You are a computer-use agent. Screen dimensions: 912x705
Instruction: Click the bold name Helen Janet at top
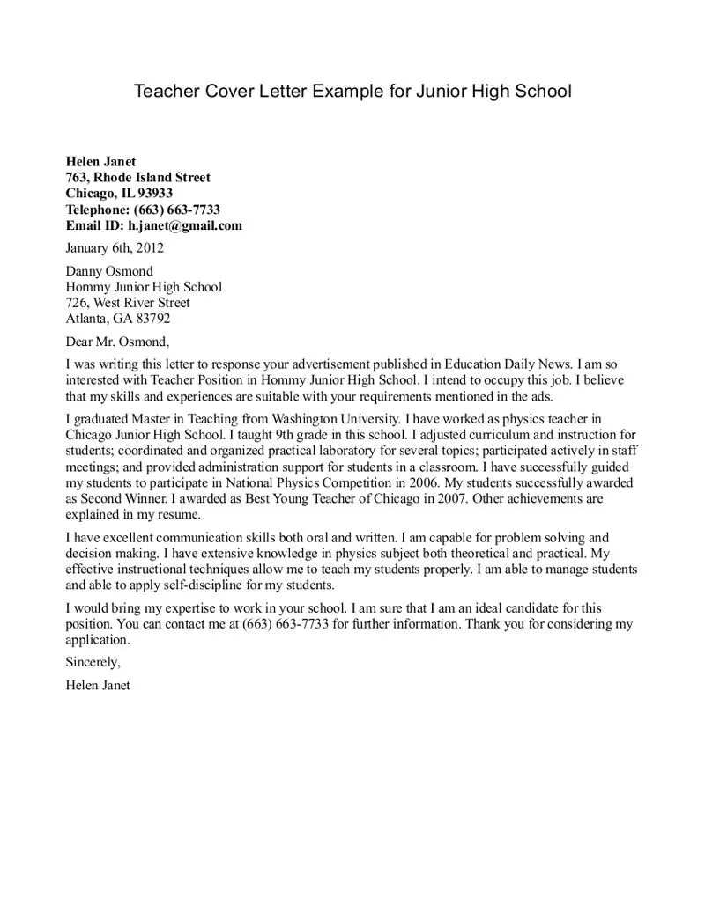tap(100, 161)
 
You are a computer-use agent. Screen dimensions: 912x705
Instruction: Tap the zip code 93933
tap(155, 194)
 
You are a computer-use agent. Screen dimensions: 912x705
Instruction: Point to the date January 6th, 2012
tap(115, 248)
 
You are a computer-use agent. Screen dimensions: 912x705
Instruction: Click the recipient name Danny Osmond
tap(109, 271)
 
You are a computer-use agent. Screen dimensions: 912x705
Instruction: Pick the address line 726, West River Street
tap(128, 303)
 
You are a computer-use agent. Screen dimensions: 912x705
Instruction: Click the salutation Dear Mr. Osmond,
tap(117, 342)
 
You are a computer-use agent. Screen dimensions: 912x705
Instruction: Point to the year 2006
tap(417, 482)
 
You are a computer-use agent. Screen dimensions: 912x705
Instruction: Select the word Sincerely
tap(92, 662)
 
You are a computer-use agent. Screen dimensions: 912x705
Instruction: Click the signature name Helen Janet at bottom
tap(98, 685)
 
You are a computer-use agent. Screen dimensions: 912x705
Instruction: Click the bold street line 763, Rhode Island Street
tap(138, 178)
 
